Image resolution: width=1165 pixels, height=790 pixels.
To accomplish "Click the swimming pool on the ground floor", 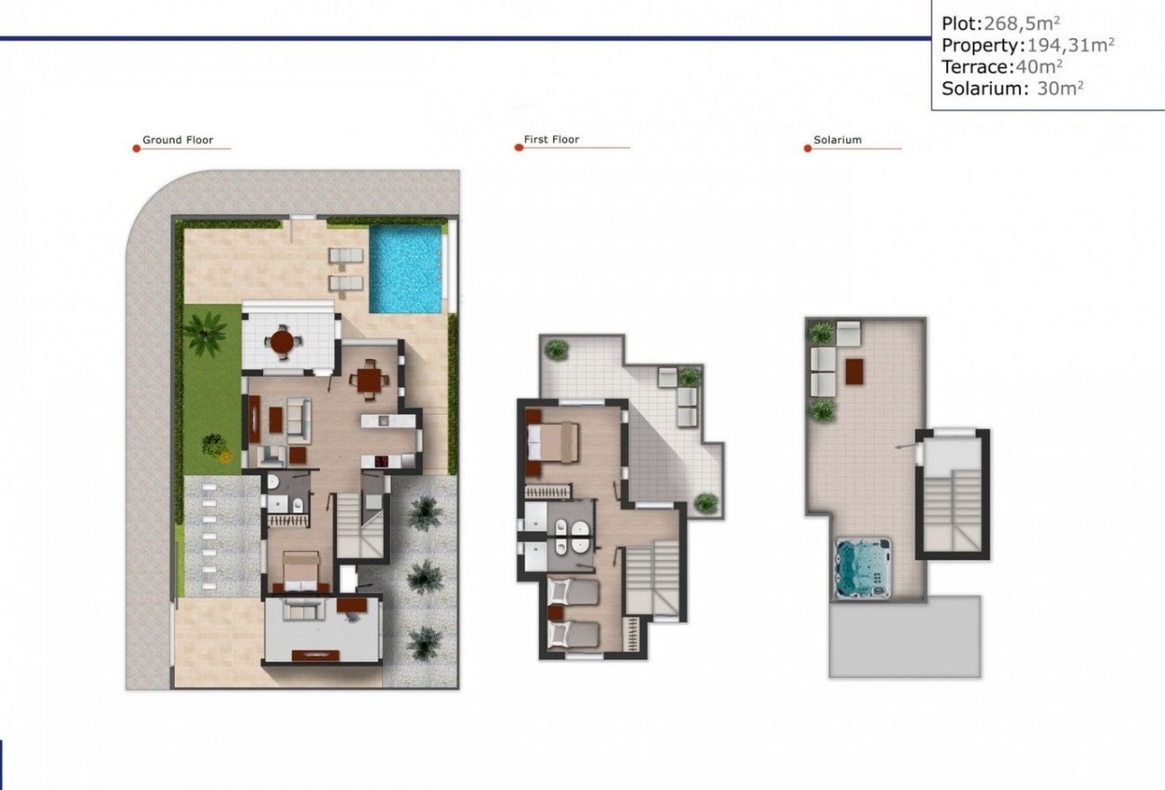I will tap(406, 268).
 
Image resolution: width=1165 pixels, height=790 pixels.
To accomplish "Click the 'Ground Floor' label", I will tap(177, 139).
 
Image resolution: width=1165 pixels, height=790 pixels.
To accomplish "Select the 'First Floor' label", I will tap(552, 139).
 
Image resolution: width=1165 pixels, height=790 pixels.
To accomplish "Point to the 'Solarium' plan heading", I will tap(838, 139).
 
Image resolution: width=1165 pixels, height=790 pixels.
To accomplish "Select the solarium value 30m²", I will tap(1060, 88).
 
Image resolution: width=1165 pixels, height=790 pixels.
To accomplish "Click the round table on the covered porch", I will tap(282, 341).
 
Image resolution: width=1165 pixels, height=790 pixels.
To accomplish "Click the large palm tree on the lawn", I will tap(205, 335).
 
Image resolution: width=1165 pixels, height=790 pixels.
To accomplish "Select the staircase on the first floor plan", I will tap(652, 578).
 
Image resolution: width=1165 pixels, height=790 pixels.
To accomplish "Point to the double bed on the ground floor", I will tap(298, 572).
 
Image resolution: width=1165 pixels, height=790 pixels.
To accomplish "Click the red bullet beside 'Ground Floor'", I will tap(136, 148).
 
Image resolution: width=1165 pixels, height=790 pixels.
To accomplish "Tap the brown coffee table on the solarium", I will tap(854, 371).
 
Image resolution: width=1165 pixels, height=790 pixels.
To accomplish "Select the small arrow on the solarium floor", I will tap(902, 448).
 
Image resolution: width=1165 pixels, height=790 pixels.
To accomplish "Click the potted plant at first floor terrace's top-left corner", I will tap(556, 349).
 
